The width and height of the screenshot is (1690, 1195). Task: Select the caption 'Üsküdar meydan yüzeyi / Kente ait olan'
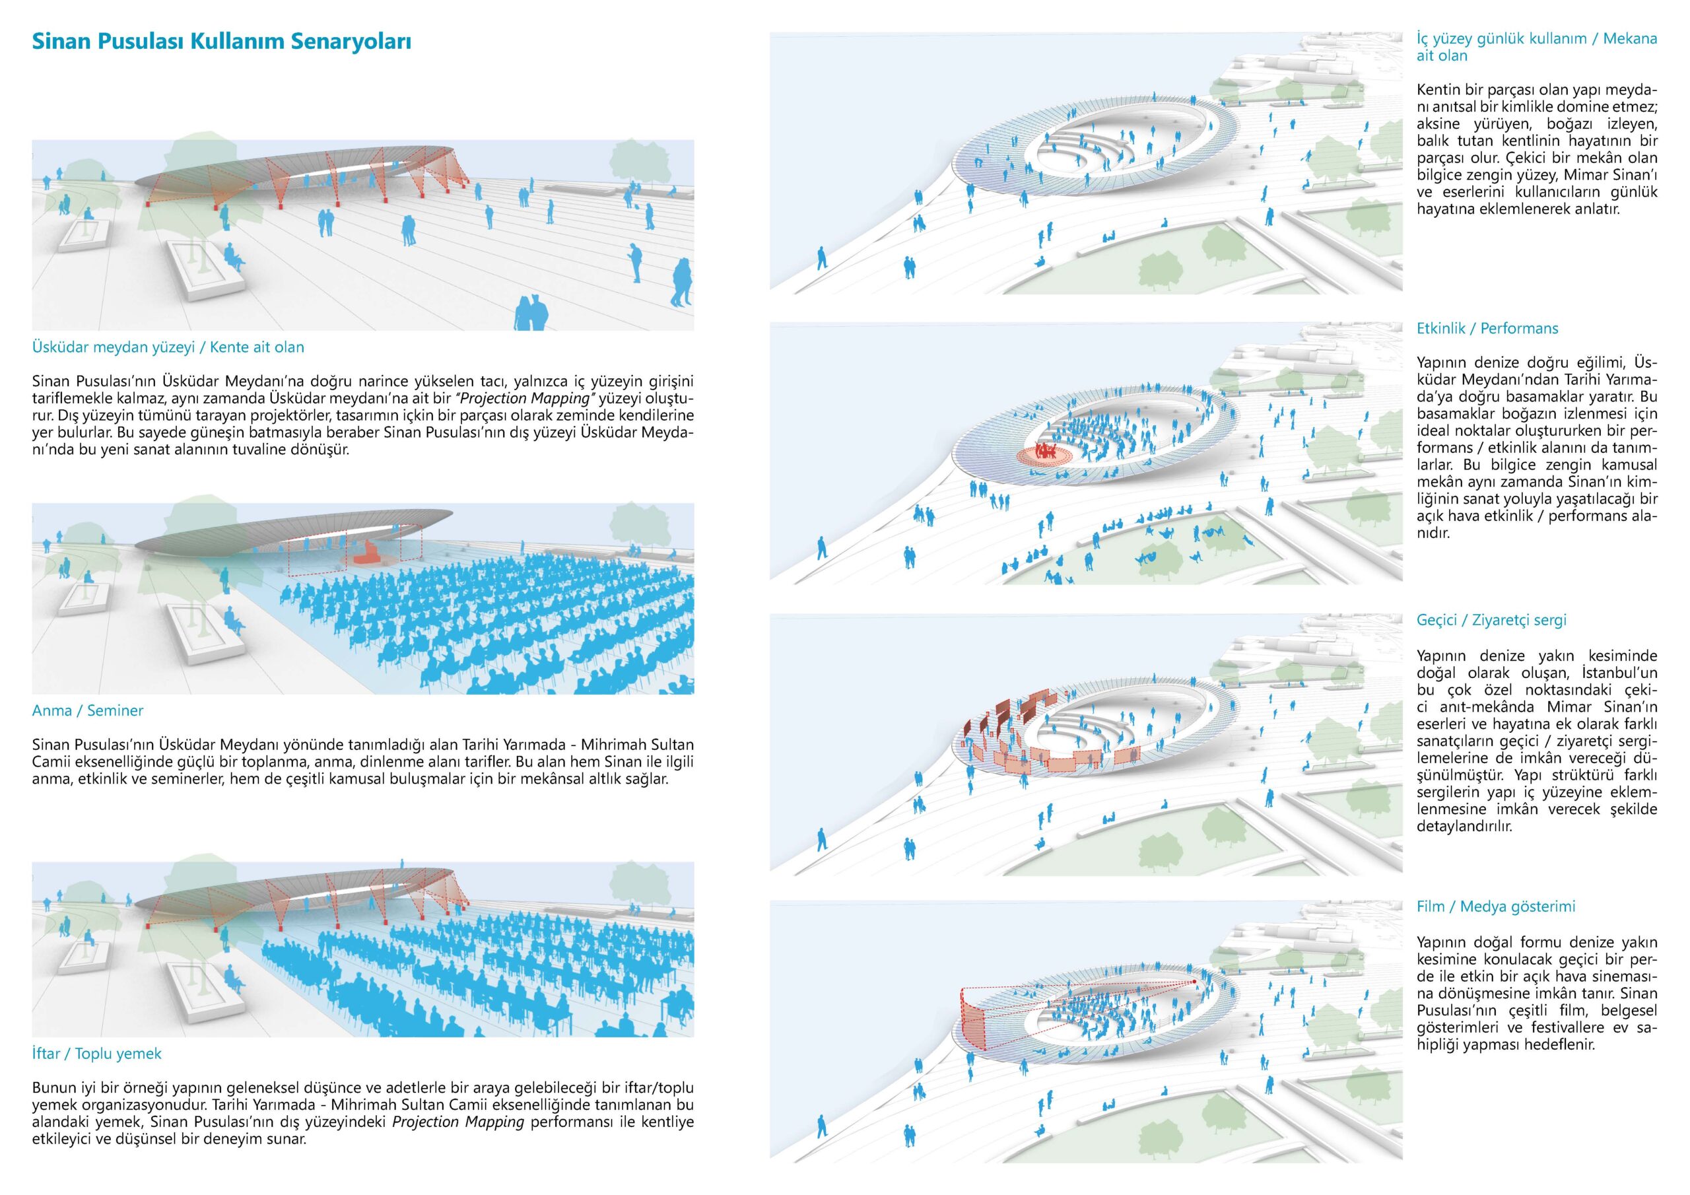point(168,347)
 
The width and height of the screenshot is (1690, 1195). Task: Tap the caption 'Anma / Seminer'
point(88,710)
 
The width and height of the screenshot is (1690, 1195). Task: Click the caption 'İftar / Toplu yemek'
point(96,1054)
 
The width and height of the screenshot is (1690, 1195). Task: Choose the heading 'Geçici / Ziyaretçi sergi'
point(1491,620)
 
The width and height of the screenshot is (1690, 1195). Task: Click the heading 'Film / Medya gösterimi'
point(1496,906)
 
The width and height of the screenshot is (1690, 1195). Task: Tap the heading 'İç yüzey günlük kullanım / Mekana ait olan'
point(1536,46)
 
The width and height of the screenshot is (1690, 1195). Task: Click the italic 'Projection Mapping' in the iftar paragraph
point(458,1122)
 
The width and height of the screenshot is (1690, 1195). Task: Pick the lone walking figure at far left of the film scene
point(821,1128)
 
